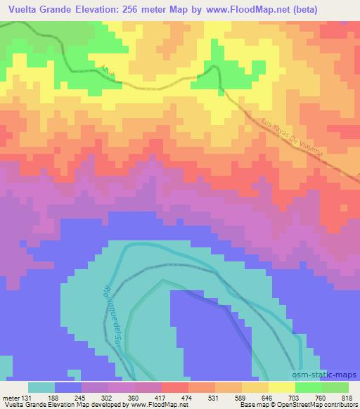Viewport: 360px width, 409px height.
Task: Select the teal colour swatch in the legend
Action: [x=41, y=387]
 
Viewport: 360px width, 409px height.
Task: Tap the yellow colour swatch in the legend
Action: [x=282, y=387]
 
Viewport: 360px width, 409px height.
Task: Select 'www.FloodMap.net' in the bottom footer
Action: [x=153, y=405]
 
